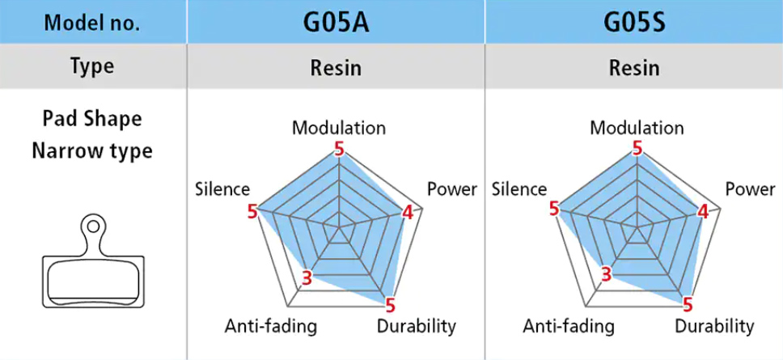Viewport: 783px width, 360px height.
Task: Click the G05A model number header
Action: coord(336,23)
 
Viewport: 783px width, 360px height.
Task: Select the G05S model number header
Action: coord(634,23)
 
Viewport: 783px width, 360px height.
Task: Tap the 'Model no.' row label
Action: coord(92,23)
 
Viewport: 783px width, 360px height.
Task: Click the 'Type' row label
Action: coord(92,66)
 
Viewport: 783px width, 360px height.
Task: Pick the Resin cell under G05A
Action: coord(336,67)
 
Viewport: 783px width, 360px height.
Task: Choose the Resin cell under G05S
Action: coord(634,67)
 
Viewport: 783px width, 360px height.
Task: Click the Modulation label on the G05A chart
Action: coord(339,129)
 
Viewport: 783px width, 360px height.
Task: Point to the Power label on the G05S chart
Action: coord(750,189)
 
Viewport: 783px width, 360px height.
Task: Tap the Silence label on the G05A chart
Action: coord(222,189)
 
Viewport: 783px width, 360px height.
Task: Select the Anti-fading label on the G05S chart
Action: coord(569,327)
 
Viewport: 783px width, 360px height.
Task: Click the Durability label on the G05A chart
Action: coord(417,327)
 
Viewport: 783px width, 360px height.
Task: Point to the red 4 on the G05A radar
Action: coord(408,213)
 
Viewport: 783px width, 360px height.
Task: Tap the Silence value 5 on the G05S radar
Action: coord(553,210)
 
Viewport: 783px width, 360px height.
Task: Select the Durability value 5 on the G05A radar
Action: coord(390,304)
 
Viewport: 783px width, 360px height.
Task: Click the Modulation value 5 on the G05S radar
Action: coord(637,148)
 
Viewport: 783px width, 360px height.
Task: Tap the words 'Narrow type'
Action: coord(92,150)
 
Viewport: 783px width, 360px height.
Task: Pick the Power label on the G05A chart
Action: coord(452,189)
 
